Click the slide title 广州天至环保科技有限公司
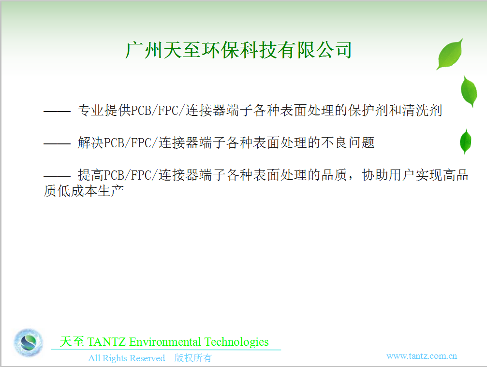point(238,50)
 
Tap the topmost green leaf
point(450,54)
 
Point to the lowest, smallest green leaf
point(465,141)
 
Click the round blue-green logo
point(28,342)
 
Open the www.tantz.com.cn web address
point(421,356)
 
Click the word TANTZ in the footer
point(106,342)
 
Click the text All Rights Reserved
point(126,358)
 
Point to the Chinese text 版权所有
point(193,358)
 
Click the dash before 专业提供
point(57,111)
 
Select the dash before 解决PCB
point(57,143)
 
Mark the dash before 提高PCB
point(57,176)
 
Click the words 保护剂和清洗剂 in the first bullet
point(395,111)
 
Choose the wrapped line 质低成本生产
point(84,191)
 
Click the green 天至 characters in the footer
point(72,342)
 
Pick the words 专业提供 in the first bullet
point(104,111)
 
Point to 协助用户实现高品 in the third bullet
point(415,175)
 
